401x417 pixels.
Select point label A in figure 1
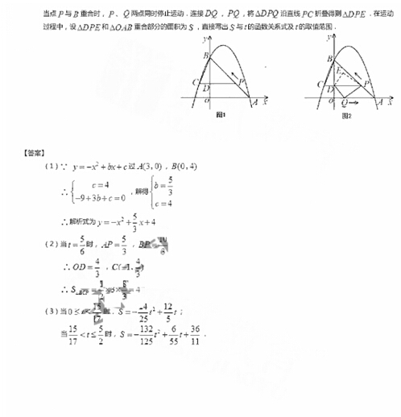tap(254, 103)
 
